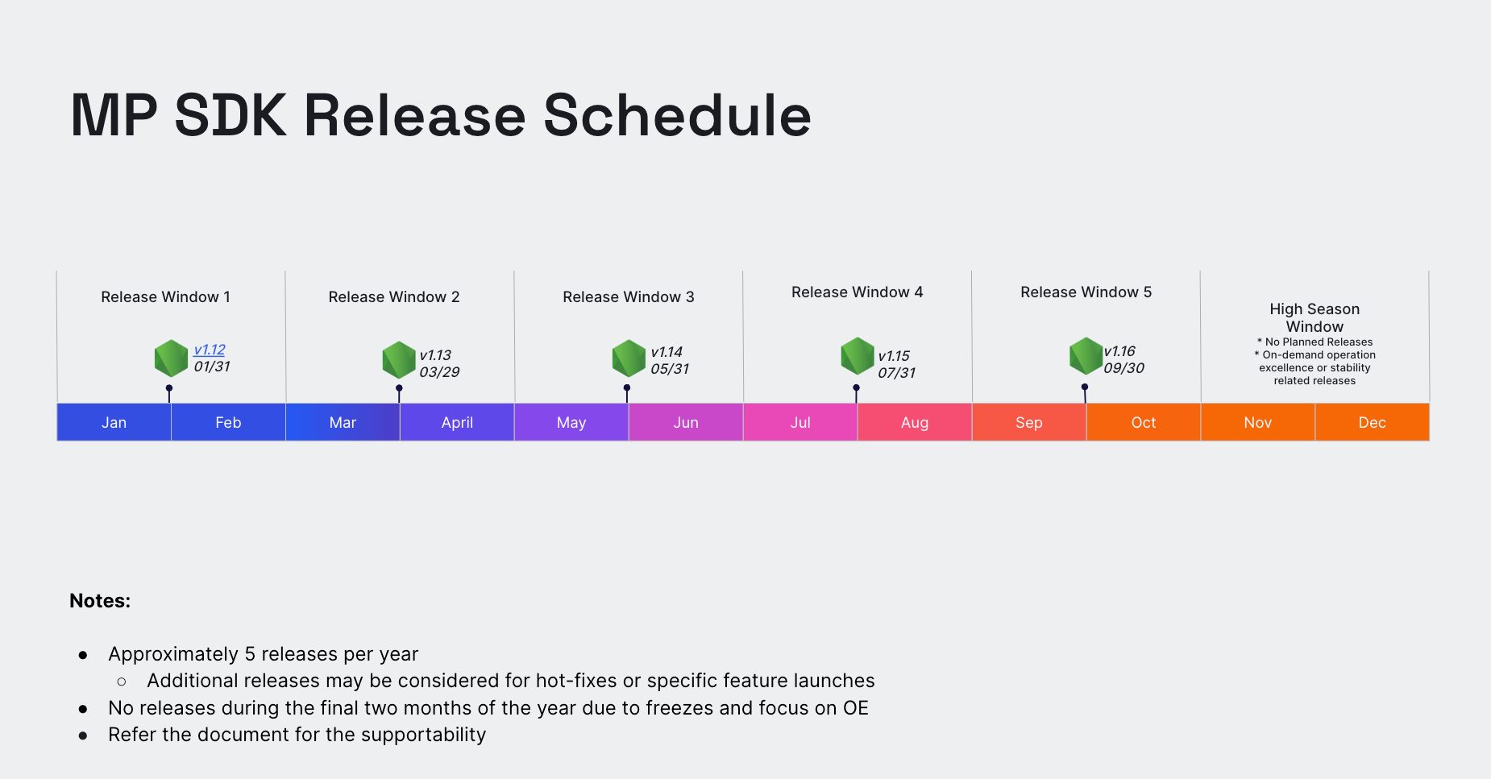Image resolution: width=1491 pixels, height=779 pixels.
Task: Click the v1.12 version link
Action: click(x=210, y=350)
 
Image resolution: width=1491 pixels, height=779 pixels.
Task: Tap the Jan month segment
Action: click(x=114, y=422)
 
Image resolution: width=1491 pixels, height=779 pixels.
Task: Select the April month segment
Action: click(x=457, y=422)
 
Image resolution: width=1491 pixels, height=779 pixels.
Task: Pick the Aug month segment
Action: click(x=915, y=422)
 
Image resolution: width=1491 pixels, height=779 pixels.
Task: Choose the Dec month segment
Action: click(x=1373, y=422)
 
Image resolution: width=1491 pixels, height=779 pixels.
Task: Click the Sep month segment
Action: click(x=1029, y=422)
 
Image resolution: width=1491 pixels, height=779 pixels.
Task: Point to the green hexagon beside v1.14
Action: click(x=629, y=358)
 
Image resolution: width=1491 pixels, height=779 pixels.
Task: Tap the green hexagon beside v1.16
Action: click(x=1086, y=356)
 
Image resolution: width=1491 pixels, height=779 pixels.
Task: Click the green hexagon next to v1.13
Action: click(x=399, y=360)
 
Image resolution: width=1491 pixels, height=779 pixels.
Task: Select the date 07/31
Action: click(x=897, y=373)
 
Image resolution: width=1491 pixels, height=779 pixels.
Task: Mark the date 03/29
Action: click(x=439, y=372)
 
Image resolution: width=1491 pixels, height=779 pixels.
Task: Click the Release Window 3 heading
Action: click(x=629, y=297)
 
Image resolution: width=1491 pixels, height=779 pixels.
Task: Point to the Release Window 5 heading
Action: click(x=1086, y=292)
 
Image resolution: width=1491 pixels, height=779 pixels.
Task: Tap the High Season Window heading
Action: click(x=1314, y=317)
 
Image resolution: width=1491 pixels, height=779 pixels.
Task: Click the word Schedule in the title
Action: click(x=677, y=115)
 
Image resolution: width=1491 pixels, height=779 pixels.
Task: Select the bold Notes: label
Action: click(x=100, y=601)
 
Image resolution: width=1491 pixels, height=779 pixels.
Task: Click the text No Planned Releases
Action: click(x=1319, y=342)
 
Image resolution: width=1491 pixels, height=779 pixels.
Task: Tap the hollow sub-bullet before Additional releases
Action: click(x=122, y=682)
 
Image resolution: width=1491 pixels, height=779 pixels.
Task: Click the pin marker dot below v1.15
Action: click(x=856, y=388)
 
